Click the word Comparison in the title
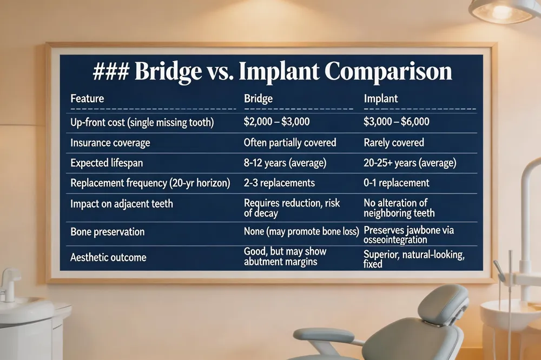(x=388, y=72)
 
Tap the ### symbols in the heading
(x=111, y=72)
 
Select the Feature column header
(x=87, y=98)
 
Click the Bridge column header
(x=259, y=98)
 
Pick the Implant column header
(x=380, y=98)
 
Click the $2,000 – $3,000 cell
(x=276, y=122)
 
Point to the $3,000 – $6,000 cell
(x=397, y=122)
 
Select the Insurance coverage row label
(x=110, y=143)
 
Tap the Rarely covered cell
(x=394, y=142)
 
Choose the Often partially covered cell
(x=290, y=142)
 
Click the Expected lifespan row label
(x=107, y=163)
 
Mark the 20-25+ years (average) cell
(x=410, y=163)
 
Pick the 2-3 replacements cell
(x=279, y=182)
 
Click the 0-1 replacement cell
(x=397, y=182)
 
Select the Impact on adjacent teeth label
(x=121, y=203)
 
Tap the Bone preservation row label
(x=107, y=231)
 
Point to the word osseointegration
(x=395, y=239)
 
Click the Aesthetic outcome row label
(x=108, y=257)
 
